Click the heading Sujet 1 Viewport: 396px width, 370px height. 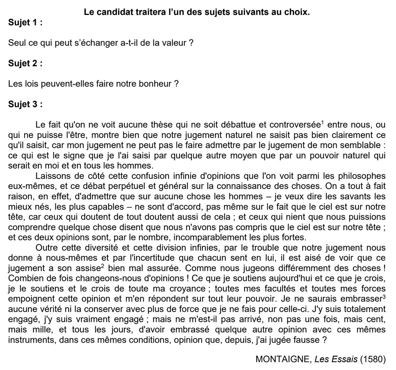point(25,22)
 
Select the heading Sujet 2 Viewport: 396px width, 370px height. point(25,63)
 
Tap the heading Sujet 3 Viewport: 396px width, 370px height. point(25,105)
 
